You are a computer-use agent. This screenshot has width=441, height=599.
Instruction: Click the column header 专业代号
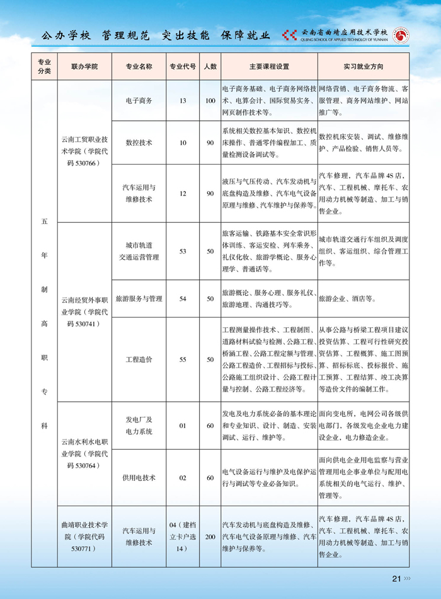click(183, 66)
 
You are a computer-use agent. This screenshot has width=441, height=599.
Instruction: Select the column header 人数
click(210, 66)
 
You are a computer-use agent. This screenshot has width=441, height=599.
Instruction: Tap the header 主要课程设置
click(269, 66)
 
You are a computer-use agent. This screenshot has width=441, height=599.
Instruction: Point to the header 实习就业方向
click(363, 66)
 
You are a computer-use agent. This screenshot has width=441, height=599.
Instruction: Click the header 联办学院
click(84, 66)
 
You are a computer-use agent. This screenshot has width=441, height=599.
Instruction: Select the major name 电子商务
click(139, 100)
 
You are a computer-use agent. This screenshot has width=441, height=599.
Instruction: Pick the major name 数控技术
click(139, 143)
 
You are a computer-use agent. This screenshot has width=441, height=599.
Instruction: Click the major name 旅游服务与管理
click(139, 298)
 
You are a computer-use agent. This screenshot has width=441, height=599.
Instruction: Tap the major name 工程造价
click(139, 359)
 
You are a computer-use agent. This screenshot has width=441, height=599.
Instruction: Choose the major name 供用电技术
click(139, 478)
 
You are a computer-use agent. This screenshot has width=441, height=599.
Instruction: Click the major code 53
click(183, 251)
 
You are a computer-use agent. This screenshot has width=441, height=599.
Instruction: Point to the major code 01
click(183, 426)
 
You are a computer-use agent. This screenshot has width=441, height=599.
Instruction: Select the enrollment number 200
click(210, 537)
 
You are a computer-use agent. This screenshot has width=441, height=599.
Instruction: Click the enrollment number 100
click(210, 100)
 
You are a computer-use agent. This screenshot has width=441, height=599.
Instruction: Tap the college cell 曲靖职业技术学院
click(84, 537)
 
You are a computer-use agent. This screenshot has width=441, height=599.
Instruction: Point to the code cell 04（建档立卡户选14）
click(183, 537)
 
